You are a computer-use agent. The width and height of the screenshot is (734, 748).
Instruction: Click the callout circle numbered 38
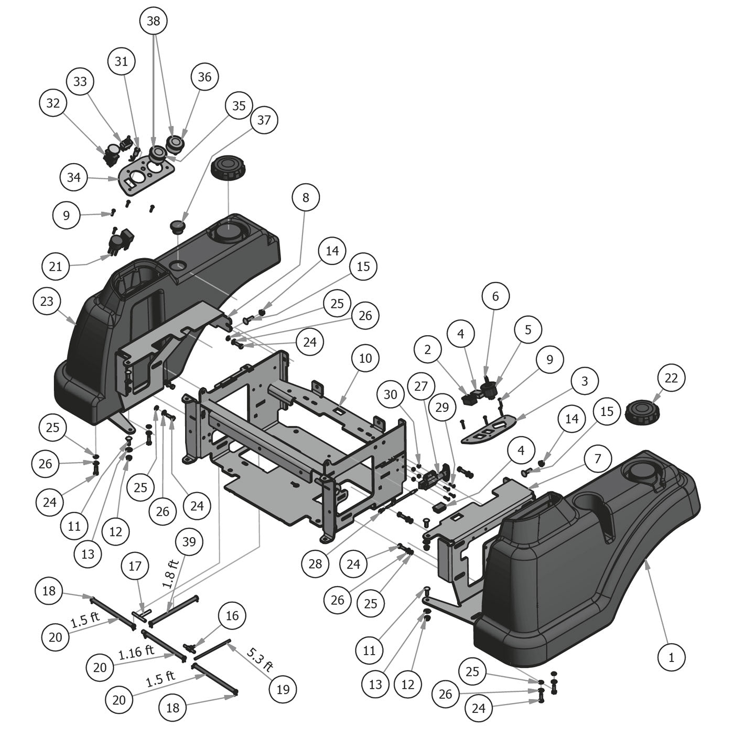click(x=153, y=21)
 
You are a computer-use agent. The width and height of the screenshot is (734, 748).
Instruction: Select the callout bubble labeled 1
click(x=671, y=656)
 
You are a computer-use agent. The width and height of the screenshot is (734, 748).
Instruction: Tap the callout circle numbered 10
click(x=365, y=358)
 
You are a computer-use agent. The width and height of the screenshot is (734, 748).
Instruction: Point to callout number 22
click(x=671, y=378)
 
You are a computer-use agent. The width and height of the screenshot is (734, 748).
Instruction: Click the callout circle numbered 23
click(x=47, y=302)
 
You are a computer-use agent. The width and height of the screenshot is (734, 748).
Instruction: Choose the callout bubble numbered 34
click(x=74, y=177)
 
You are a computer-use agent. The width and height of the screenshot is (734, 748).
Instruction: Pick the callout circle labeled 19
click(x=283, y=689)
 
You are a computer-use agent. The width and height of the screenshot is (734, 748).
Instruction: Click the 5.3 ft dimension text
click(x=260, y=660)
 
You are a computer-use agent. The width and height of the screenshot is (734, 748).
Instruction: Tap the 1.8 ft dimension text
click(x=170, y=573)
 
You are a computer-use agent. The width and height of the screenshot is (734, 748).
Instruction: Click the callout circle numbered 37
click(x=264, y=120)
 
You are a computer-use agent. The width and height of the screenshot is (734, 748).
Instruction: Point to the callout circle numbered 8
click(x=306, y=197)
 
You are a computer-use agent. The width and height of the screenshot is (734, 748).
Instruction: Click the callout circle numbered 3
click(x=585, y=381)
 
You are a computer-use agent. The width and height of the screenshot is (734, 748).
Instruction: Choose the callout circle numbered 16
click(x=232, y=615)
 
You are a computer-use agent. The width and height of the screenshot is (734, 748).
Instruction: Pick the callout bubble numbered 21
click(x=55, y=266)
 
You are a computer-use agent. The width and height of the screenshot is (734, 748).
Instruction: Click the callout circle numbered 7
click(x=598, y=459)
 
